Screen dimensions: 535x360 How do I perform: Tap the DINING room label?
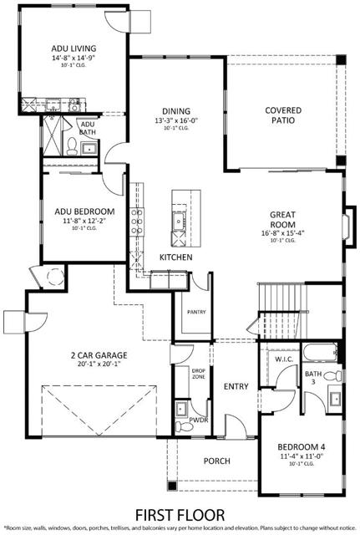(176, 110)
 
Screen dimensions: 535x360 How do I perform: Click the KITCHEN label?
(176, 257)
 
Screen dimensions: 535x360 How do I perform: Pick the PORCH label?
(216, 461)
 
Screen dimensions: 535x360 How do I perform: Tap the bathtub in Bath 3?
(317, 350)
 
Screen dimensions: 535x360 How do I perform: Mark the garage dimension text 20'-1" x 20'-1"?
(98, 364)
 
